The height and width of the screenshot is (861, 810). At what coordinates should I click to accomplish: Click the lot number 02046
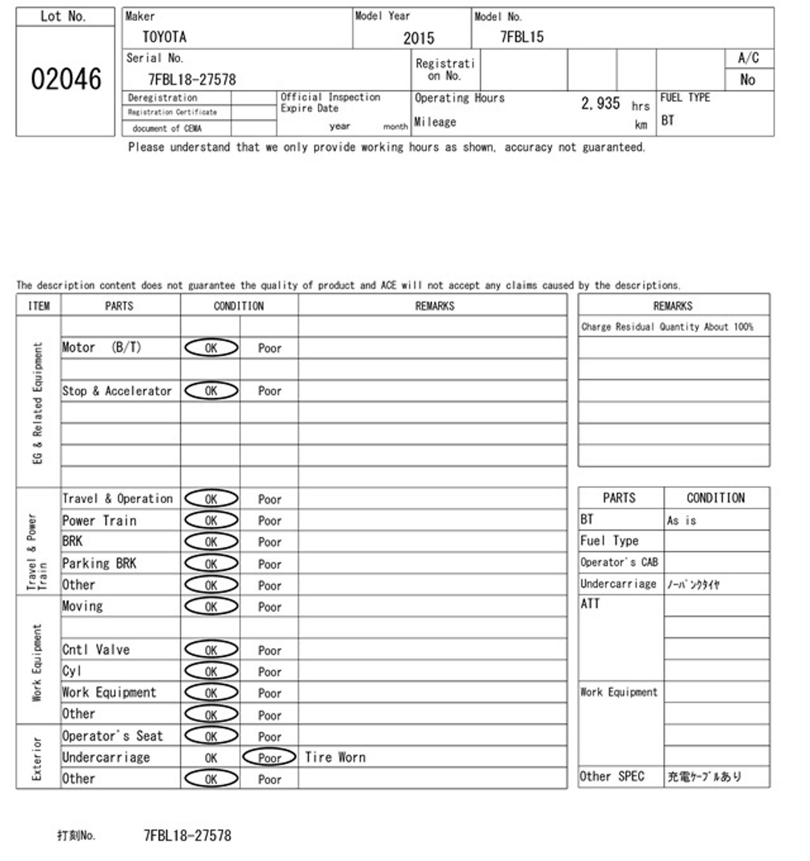[x=66, y=79]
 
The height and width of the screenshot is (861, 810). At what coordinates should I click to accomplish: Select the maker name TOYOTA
[x=165, y=37]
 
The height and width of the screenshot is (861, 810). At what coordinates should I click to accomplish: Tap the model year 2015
[x=418, y=38]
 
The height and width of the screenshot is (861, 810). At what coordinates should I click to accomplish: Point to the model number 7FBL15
[x=522, y=37]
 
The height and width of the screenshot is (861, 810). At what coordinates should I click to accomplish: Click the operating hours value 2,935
[x=600, y=103]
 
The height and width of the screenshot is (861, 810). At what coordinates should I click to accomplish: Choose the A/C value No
[x=747, y=80]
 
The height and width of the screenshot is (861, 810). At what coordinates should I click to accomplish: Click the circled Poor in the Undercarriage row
[x=269, y=757]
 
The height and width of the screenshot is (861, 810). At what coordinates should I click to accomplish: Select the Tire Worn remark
[x=335, y=757]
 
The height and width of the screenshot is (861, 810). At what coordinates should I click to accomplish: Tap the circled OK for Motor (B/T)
[x=211, y=348]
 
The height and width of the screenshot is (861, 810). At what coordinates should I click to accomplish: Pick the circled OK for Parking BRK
[x=211, y=563]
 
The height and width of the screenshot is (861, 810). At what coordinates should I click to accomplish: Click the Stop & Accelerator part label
[x=117, y=391]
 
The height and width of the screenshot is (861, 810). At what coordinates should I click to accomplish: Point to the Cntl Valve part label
[x=96, y=650]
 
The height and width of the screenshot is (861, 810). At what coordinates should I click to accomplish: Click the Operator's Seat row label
[x=112, y=736]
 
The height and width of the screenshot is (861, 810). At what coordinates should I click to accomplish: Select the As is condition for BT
[x=681, y=520]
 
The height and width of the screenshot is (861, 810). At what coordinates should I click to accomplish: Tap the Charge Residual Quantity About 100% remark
[x=667, y=327]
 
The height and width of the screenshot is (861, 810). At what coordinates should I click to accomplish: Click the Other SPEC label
[x=612, y=776]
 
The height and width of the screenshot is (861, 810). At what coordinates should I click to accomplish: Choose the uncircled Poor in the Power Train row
[x=269, y=521]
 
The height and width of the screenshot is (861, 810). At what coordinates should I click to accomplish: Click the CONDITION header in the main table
[x=239, y=306]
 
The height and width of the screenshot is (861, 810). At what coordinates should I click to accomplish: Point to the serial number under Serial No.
[x=192, y=80]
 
